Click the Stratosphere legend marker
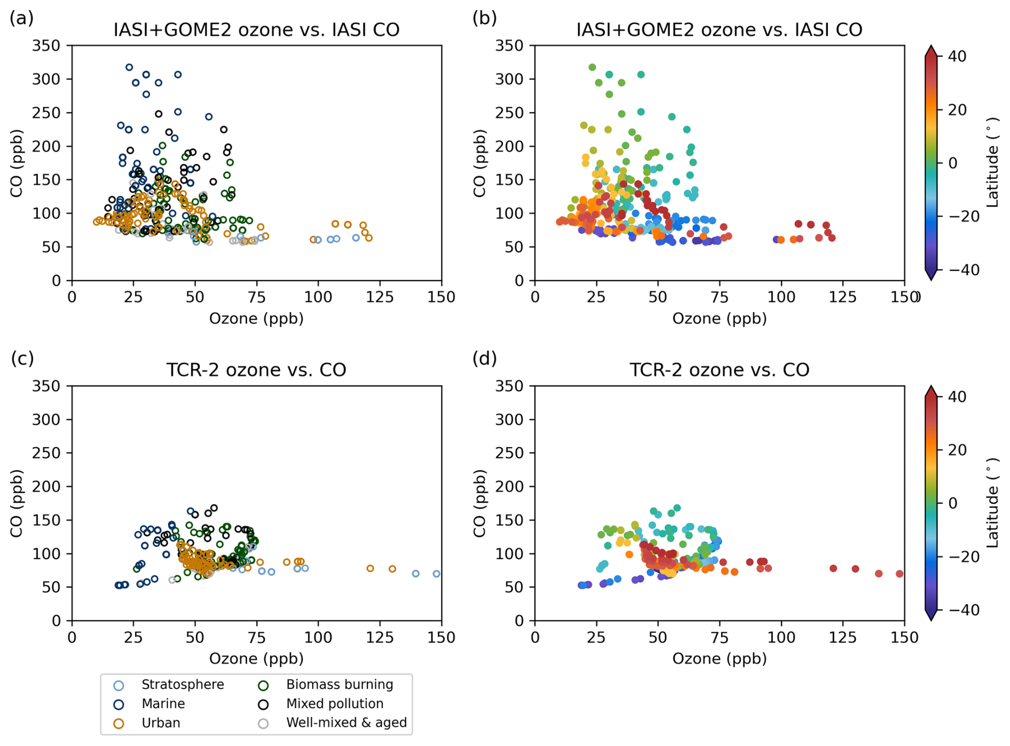tap(119, 686)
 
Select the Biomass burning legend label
tap(340, 685)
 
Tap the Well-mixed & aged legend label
tap(346, 723)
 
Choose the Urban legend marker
tap(119, 724)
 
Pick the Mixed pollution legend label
tap(335, 704)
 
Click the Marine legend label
tap(163, 704)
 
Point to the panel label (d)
tap(484, 359)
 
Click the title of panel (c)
tap(256, 370)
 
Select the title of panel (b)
tap(719, 29)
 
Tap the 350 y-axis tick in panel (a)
tap(46, 46)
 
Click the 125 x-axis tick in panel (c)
tap(380, 638)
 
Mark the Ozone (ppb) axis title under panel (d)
tap(719, 659)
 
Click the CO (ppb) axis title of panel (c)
tap(17, 503)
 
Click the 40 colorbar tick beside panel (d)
tap(959, 396)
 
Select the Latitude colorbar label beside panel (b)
tap(992, 163)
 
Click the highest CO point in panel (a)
tap(129, 68)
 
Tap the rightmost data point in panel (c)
tap(437, 574)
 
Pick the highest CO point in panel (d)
tap(677, 508)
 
